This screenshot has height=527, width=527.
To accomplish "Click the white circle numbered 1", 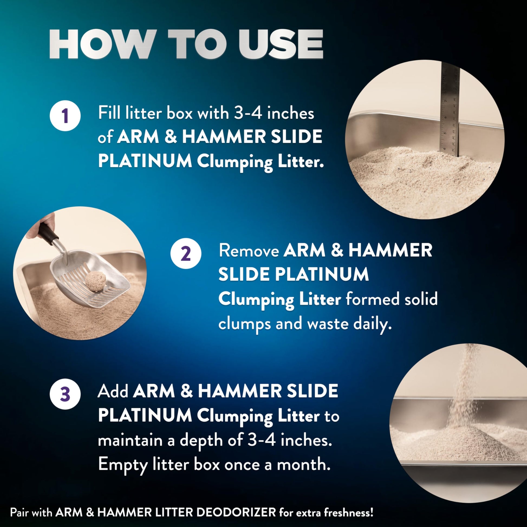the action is pos(65,116).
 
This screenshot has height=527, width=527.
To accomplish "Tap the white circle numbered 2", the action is pos(186,253).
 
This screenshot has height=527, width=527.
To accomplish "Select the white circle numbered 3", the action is pos(65,394).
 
